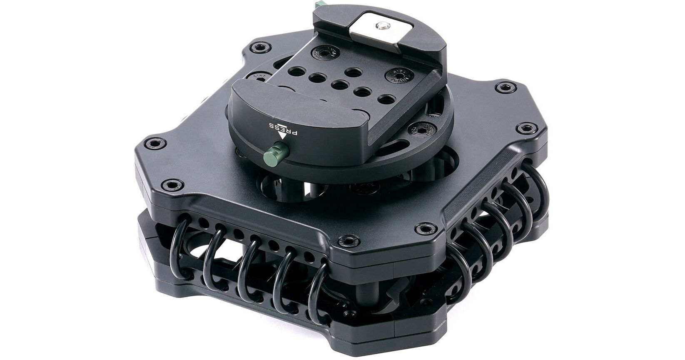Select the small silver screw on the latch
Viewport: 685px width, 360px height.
(x=381, y=27)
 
